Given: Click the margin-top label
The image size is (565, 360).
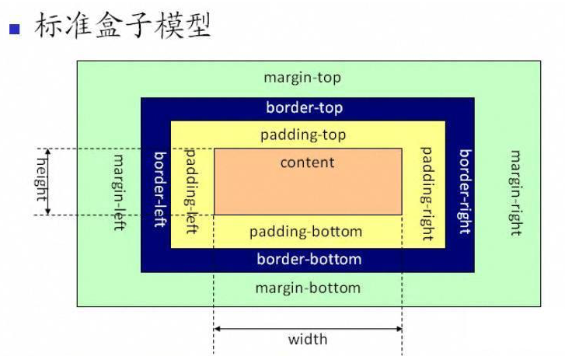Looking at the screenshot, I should (302, 78).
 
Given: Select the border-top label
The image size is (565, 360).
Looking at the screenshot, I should (304, 108).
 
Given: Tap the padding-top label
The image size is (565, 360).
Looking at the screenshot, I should (303, 135).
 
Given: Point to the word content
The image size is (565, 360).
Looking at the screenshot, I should (307, 163).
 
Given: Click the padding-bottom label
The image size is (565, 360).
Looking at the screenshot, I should (305, 232).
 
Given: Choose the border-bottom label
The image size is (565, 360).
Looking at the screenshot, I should (309, 259).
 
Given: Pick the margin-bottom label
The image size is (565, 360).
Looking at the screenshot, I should (308, 288).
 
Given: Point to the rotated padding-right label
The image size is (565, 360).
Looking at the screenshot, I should (427, 194).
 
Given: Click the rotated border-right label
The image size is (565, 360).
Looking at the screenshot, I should (464, 191).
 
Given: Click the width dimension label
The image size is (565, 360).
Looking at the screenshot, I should (308, 340).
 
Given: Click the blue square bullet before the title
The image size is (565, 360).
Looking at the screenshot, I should (13, 30).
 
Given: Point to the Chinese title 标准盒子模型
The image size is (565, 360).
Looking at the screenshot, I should (122, 26).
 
